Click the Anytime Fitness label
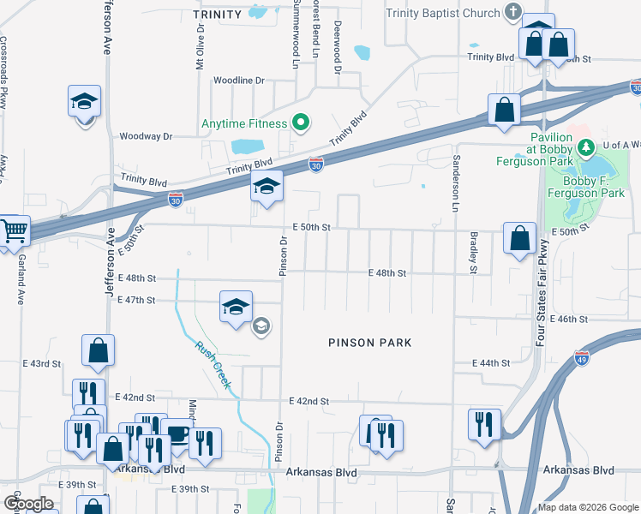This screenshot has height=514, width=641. [244, 123]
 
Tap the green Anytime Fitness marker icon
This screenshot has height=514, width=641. [300, 123]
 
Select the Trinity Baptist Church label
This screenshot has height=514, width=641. [442, 13]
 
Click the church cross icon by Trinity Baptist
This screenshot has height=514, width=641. [512, 12]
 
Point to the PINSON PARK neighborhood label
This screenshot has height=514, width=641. [369, 343]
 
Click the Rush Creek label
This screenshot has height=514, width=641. [213, 365]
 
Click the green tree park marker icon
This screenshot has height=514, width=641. [586, 148]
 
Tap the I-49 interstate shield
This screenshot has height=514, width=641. [582, 353]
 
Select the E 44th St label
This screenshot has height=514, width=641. [491, 363]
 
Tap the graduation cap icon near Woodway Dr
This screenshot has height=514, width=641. [84, 102]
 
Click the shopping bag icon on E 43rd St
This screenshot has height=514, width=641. [98, 350]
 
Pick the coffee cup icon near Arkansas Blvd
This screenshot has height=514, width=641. [177, 433]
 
